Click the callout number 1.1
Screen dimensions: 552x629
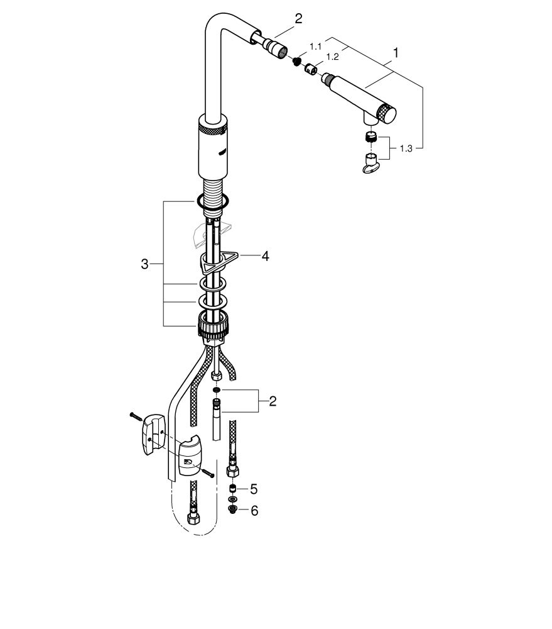tap(316, 47)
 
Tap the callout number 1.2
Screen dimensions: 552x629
tap(332, 57)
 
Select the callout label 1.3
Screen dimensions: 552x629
tap(406, 149)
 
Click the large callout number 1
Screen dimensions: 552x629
tap(396, 53)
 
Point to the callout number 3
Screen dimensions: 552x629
tap(144, 264)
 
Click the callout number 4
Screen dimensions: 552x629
tap(265, 256)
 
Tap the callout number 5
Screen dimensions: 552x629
tap(254, 489)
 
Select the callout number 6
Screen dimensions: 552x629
tap(254, 511)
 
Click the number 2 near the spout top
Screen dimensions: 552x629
tap(298, 18)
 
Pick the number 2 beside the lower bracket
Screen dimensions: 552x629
tap(273, 401)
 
